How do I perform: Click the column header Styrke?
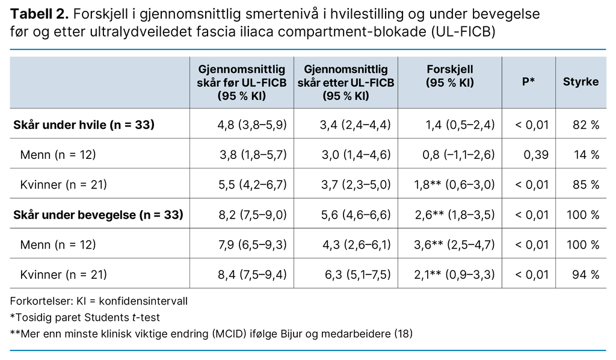click(581, 82)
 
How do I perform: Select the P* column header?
click(528, 82)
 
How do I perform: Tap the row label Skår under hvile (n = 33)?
click(84, 125)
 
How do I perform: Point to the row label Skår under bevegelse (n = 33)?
click(98, 215)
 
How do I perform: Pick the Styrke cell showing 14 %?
click(587, 155)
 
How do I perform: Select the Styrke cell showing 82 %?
click(586, 125)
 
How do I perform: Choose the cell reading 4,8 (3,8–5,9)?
click(252, 125)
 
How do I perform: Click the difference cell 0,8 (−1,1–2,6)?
click(460, 155)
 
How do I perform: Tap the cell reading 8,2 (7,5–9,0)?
click(252, 215)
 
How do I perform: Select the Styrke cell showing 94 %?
click(586, 275)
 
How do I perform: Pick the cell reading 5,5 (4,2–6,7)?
click(252, 185)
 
